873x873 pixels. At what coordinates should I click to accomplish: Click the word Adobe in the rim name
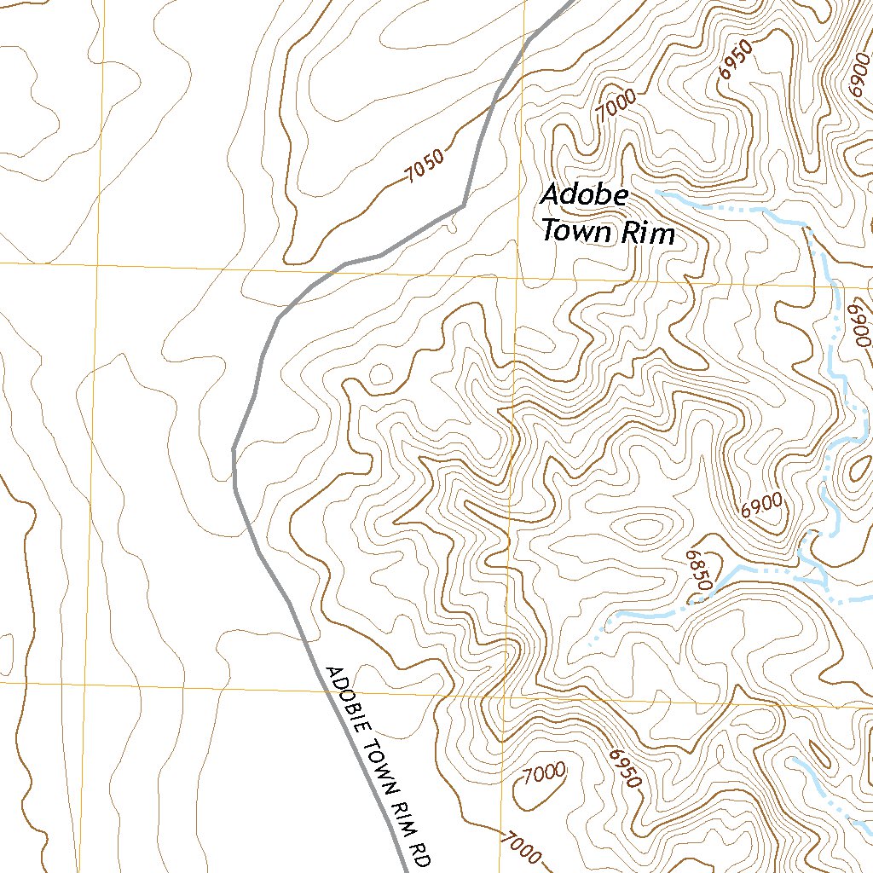click(585, 195)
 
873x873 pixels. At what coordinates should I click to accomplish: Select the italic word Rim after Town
click(648, 233)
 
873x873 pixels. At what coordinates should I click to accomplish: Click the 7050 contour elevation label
click(425, 167)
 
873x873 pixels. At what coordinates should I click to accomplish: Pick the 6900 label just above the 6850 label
click(760, 506)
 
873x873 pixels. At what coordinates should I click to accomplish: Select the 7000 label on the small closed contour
click(543, 773)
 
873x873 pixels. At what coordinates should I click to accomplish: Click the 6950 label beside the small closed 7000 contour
click(624, 768)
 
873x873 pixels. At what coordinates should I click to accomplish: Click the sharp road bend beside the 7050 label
click(463, 205)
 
